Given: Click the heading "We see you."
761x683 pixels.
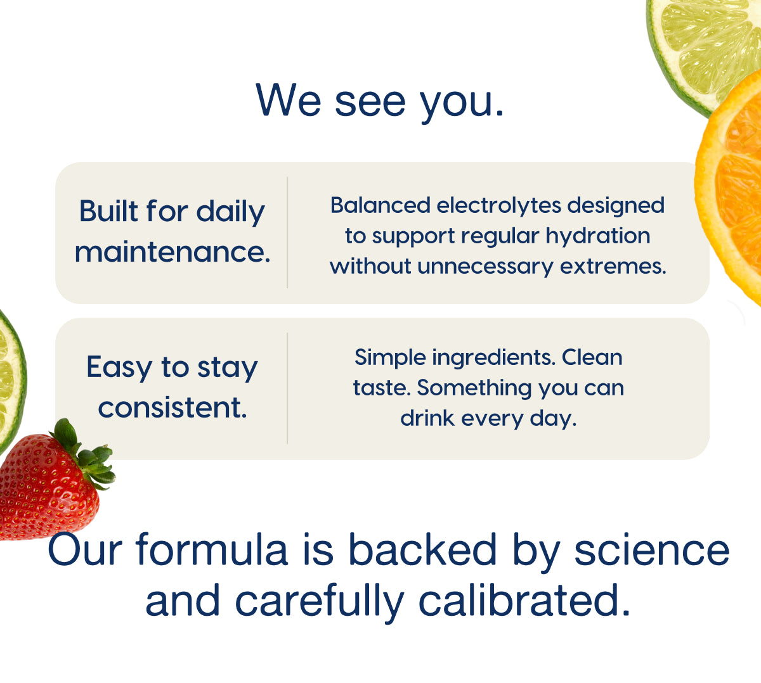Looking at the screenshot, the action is pos(379,101).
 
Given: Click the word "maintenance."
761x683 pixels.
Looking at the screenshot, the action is pos(172,252).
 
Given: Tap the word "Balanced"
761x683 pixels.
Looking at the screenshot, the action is pos(380,205).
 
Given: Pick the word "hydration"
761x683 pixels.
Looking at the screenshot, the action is pos(597,236).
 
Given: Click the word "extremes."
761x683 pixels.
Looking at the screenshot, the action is pos(613,267).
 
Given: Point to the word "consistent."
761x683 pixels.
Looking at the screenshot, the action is pos(172,408).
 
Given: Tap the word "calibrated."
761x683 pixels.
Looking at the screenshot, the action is pos(524,601).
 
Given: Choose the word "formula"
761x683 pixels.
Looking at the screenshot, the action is pos(212,549).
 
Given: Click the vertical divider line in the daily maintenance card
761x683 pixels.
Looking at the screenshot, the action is pos(287,233).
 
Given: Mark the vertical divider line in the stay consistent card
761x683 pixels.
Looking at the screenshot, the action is pos(287,388).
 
